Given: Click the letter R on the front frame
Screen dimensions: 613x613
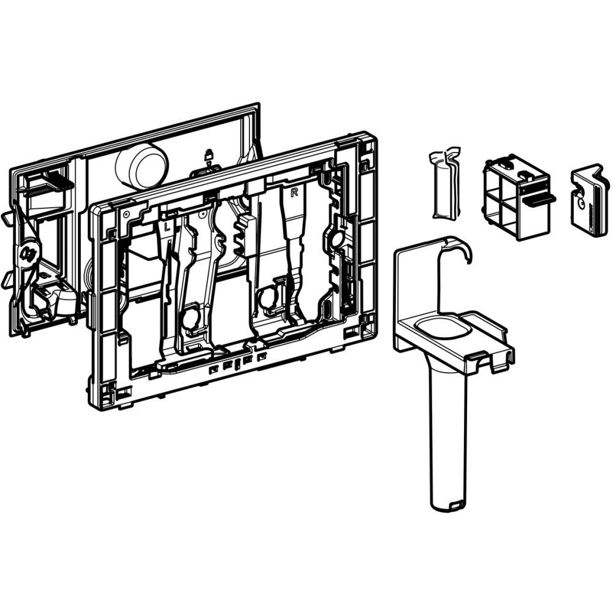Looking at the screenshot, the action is coord(295,192).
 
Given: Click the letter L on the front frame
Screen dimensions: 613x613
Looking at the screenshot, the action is coord(166,226).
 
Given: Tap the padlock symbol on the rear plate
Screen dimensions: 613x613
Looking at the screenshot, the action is coord(209,154).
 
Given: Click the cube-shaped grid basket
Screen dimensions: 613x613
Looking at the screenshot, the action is coord(517,199).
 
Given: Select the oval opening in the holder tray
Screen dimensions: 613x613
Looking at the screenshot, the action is coord(442,327).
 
